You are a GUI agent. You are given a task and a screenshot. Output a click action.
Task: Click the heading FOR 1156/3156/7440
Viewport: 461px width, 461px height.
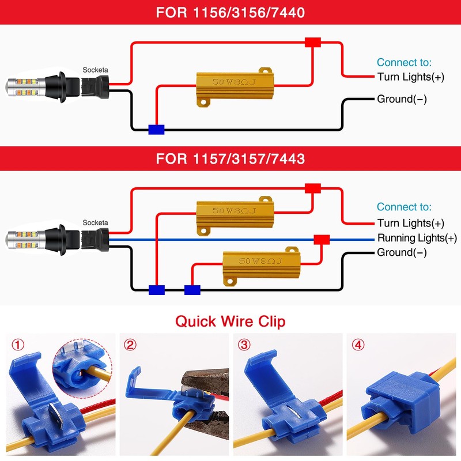tap(230, 13)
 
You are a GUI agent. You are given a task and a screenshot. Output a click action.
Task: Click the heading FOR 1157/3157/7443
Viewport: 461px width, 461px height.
tap(230, 158)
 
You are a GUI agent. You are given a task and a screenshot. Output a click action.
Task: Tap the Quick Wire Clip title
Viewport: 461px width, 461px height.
tap(230, 321)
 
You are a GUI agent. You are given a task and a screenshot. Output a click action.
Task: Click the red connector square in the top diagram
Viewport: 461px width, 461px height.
tap(313, 43)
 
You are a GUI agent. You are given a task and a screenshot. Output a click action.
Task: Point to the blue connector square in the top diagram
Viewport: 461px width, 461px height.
tap(156, 130)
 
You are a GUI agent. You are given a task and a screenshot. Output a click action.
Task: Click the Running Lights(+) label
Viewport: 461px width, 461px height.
tap(417, 238)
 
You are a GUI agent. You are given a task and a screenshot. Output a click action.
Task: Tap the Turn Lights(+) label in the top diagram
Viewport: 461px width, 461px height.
tap(411, 77)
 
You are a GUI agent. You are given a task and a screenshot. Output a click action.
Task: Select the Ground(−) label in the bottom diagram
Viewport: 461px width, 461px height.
tap(402, 252)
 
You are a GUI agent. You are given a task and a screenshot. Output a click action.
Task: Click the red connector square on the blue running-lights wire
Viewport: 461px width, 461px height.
tap(321, 240)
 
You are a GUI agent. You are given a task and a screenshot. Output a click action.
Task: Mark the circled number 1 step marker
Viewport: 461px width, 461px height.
tap(19, 346)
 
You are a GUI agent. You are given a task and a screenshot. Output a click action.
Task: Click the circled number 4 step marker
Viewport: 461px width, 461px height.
tap(359, 346)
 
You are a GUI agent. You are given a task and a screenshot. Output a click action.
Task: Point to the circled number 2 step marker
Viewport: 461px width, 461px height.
tap(131, 346)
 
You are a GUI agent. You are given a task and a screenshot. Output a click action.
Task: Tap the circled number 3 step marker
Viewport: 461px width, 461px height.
tap(245, 346)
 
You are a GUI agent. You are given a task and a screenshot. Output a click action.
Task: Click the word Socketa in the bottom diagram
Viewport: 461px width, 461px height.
tap(95, 222)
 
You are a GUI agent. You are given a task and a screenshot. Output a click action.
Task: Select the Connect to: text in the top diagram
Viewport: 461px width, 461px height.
tap(404, 63)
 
